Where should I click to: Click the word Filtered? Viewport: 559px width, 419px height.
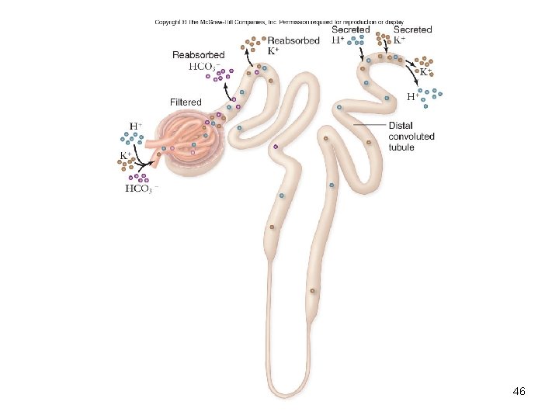coord(186,102)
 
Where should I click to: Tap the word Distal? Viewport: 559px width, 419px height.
coord(401,126)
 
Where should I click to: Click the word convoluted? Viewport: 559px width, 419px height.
coord(411,137)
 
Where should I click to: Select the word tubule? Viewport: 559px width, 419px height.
coord(401,147)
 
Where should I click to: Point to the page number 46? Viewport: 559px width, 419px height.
coord(519,392)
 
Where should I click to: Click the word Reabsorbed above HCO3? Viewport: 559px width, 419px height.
coord(199,55)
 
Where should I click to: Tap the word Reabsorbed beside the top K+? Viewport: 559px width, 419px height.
coord(293,40)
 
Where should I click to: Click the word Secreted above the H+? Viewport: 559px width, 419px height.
coord(351,29)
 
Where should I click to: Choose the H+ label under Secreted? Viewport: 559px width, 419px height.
coord(339,40)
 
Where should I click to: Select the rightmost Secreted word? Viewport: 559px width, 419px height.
coord(413,29)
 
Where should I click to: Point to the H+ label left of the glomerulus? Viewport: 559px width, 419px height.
coord(135,125)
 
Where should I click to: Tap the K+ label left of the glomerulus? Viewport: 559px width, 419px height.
coord(124,155)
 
